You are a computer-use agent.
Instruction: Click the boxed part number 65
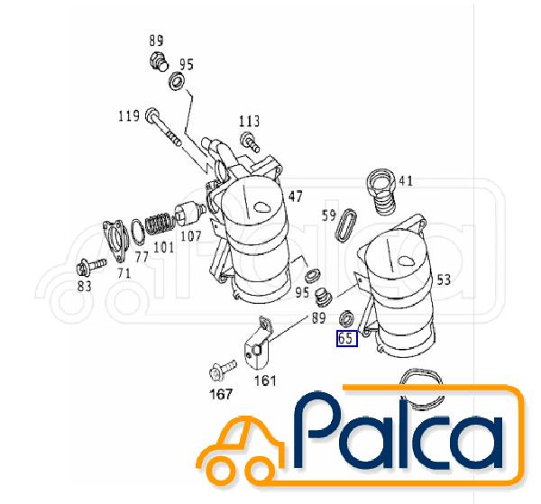347,338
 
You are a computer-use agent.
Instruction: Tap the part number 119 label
129,116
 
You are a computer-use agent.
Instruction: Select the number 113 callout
250,122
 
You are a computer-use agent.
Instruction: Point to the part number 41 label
406,180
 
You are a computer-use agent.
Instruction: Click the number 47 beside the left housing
296,197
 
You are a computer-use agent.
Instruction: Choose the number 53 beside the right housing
444,279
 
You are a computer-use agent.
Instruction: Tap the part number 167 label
221,394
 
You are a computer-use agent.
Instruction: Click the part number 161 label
265,380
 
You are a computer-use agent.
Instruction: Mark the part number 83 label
84,286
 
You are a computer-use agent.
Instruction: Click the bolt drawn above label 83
91,266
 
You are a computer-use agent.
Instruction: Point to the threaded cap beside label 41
382,191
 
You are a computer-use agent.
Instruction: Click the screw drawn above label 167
223,369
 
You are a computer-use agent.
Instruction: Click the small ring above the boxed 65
347,319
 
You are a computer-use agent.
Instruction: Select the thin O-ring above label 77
138,232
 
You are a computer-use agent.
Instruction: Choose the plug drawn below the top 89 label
159,61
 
